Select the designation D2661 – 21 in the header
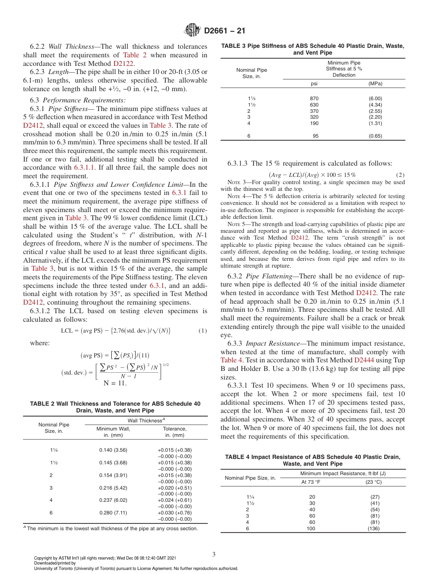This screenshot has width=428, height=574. pyautogui.click(x=224, y=31)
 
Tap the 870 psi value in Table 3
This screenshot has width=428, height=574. pyautogui.click(x=314, y=98)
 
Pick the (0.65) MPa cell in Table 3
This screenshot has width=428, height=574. pyautogui.click(x=375, y=135)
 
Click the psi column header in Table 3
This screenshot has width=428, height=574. pyautogui.click(x=314, y=83)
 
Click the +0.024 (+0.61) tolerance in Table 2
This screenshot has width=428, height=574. pyautogui.click(x=174, y=500)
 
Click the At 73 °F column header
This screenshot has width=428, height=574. pyautogui.click(x=311, y=481)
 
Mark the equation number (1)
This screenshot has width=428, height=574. pyautogui.click(x=203, y=331)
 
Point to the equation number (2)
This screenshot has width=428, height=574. pyautogui.click(x=400, y=175)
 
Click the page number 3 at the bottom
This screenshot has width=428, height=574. pyautogui.click(x=214, y=554)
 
